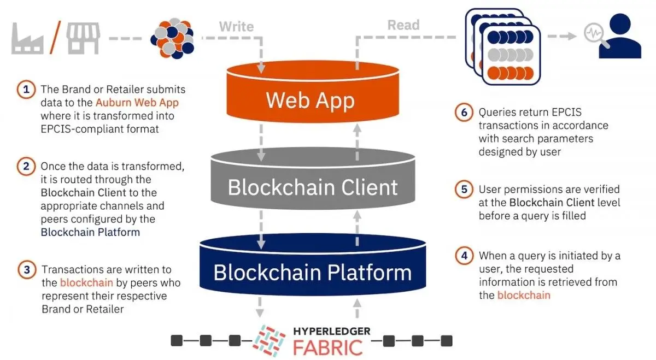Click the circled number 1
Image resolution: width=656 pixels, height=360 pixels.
pyautogui.click(x=25, y=90)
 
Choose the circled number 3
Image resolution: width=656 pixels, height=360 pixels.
pyautogui.click(x=25, y=270)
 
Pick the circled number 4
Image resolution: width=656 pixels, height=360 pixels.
pyautogui.click(x=463, y=256)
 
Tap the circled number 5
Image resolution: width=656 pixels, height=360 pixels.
pyautogui.click(x=463, y=190)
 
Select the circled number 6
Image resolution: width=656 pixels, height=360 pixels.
pyautogui.click(x=463, y=113)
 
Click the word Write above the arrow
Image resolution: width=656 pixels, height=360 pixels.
pyautogui.click(x=236, y=26)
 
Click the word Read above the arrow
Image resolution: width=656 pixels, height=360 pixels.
pyautogui.click(x=403, y=25)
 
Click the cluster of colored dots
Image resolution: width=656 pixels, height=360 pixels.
pyautogui.click(x=173, y=38)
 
